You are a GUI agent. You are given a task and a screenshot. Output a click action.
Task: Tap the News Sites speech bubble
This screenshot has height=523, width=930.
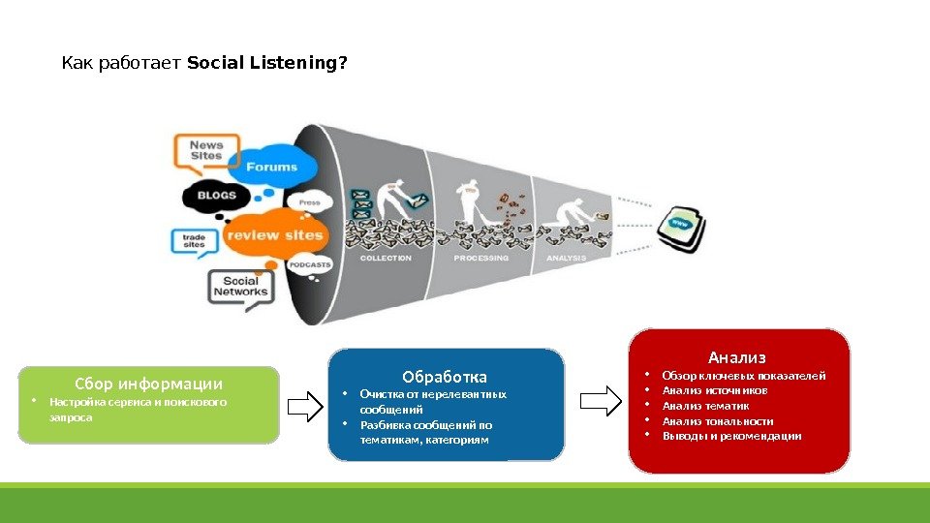pyautogui.click(x=206, y=151)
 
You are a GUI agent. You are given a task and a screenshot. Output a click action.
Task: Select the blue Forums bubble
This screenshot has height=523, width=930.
pyautogui.click(x=271, y=167)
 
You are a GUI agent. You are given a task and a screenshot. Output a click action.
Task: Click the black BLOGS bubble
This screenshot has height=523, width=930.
pyautogui.click(x=216, y=196)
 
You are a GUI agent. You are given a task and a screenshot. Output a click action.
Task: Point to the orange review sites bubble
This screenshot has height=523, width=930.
pyautogui.click(x=276, y=234)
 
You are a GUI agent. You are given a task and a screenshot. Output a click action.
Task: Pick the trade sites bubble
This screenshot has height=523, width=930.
pyautogui.click(x=196, y=240)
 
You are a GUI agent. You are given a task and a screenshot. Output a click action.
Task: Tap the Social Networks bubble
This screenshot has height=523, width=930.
pyautogui.click(x=240, y=287)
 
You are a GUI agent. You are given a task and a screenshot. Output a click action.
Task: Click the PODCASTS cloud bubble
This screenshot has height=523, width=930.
pyautogui.click(x=310, y=264)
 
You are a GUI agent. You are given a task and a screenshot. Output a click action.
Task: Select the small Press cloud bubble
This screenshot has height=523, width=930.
pyautogui.click(x=310, y=203)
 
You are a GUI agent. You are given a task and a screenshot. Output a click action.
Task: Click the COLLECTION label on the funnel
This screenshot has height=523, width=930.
pyautogui.click(x=386, y=259)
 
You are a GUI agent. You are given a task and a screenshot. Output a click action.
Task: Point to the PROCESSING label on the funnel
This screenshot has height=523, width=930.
pyautogui.click(x=481, y=259)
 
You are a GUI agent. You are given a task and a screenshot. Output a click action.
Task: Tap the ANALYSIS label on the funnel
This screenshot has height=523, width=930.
pyautogui.click(x=567, y=259)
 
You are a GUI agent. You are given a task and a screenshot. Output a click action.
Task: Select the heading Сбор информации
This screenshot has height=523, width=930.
pyautogui.click(x=148, y=383)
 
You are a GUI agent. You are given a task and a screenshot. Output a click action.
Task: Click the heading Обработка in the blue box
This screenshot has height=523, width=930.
pyautogui.click(x=445, y=376)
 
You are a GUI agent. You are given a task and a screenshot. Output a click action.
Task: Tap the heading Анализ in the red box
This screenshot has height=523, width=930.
pyautogui.click(x=737, y=356)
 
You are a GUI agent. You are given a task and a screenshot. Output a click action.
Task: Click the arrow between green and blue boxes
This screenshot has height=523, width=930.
pyautogui.click(x=305, y=406)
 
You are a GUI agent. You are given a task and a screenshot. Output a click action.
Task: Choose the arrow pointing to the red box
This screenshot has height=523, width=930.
pyautogui.click(x=600, y=400)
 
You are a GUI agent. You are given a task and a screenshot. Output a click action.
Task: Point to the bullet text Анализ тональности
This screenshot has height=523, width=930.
pyautogui.click(x=717, y=421)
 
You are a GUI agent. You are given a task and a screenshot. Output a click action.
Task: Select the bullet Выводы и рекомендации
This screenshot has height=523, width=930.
pyautogui.click(x=731, y=436)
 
